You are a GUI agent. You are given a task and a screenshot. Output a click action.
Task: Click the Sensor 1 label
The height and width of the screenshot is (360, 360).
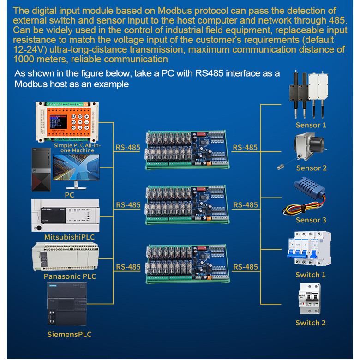pos(311,125)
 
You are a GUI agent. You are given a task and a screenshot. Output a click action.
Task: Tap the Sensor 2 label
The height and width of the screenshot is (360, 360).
pos(312,168)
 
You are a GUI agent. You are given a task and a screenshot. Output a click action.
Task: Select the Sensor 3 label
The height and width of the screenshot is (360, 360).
pos(311,220)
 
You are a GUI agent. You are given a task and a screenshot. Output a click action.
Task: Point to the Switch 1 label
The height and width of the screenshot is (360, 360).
pos(311,275)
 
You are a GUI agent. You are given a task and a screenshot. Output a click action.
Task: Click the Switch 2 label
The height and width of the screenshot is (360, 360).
pos(311,323)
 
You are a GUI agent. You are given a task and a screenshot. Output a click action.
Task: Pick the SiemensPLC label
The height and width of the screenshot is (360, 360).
pos(69,334)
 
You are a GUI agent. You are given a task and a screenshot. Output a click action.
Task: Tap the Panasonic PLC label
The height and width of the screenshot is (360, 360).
pos(70,276)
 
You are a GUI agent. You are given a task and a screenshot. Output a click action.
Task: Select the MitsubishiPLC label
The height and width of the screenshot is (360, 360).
pos(69,237)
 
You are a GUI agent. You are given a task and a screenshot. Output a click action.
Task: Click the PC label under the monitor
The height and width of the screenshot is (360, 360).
pos(69,195)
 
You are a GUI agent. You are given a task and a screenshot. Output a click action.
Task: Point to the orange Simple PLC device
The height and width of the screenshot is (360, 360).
pos(67,122)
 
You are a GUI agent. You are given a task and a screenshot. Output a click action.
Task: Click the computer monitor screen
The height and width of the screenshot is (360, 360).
pos(76,167)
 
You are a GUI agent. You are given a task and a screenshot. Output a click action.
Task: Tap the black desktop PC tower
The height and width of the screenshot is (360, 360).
pos(41,169)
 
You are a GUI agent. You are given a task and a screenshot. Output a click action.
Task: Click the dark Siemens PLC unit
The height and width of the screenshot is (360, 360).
pos(67,304)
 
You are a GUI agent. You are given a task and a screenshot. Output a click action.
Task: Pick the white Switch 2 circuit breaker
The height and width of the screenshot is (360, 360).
pos(310,299)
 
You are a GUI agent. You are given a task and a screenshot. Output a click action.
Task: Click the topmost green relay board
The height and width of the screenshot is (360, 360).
pos(187,150)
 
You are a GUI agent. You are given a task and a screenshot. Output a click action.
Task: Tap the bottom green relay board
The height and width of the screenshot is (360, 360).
pos(187,264)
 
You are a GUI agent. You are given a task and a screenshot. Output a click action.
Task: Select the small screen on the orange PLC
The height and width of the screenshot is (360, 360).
pos(58,122)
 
